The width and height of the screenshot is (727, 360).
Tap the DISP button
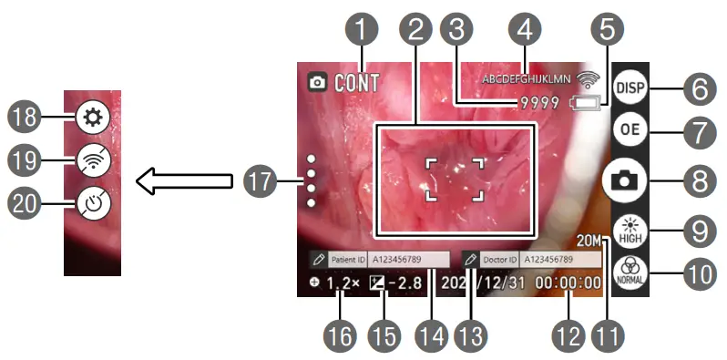click(x=630, y=88)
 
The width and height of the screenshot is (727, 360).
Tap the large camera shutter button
click(x=630, y=180)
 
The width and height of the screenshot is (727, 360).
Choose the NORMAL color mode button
click(x=630, y=272)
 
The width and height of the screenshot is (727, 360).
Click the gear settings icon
click(x=93, y=117)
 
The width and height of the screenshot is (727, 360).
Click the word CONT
click(x=356, y=83)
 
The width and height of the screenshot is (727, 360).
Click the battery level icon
click(x=587, y=104)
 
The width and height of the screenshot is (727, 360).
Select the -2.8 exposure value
click(x=403, y=283)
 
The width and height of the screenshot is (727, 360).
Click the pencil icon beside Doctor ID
click(x=471, y=258)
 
